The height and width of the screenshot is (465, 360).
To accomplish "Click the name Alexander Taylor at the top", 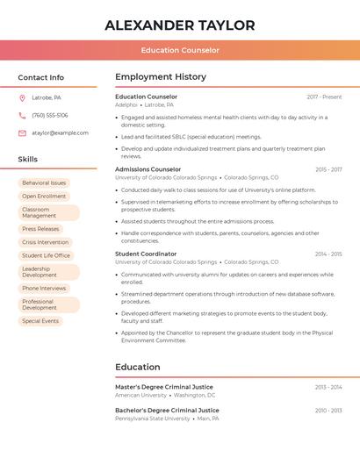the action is click(x=180, y=25).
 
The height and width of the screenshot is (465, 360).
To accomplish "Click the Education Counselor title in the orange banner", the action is click(x=180, y=50).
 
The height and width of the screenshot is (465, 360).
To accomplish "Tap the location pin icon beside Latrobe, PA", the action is click(x=22, y=98).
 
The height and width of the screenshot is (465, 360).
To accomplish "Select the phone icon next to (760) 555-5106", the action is click(x=22, y=116).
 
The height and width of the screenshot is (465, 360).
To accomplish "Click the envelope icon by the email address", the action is click(x=22, y=133).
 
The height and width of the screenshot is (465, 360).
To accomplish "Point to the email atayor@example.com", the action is click(x=60, y=133).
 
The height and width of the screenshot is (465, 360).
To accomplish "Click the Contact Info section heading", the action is click(x=41, y=77).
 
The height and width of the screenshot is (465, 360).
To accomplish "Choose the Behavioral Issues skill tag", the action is click(x=44, y=183).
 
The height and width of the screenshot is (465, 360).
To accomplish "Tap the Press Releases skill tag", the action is click(x=41, y=229).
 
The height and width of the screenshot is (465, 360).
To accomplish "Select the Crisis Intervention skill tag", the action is click(x=46, y=242).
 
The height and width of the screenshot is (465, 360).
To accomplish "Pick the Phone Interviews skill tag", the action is click(x=44, y=289).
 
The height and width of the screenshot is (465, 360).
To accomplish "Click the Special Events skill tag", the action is click(x=40, y=321).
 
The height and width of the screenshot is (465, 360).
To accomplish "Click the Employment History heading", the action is click(x=161, y=77).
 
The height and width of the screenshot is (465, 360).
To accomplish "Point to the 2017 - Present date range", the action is click(x=324, y=97).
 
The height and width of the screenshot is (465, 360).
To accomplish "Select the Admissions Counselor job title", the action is click(x=148, y=169).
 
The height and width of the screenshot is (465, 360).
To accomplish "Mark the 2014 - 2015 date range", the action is click(x=328, y=254).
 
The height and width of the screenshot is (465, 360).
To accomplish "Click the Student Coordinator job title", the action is click(x=146, y=254).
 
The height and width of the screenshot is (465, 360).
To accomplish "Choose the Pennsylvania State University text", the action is click(x=152, y=418).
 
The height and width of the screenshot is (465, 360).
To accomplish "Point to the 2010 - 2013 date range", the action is click(x=328, y=411).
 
